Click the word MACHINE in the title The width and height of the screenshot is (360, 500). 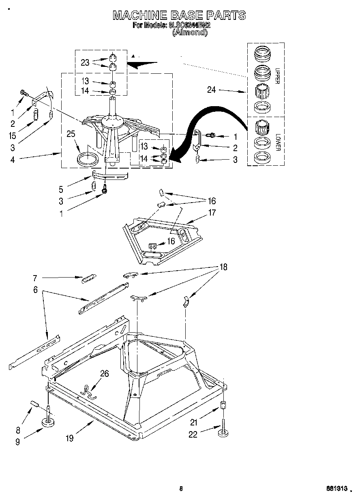click(x=139, y=15)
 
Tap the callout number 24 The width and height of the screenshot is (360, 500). click(x=212, y=90)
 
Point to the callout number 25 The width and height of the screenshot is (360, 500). click(x=71, y=134)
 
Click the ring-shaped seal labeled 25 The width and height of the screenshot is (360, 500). click(x=88, y=158)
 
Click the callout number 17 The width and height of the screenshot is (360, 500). click(x=212, y=212)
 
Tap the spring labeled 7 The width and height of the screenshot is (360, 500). click(x=89, y=279)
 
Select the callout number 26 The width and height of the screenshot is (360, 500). click(x=105, y=374)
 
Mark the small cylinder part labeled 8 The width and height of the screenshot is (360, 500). click(x=35, y=404)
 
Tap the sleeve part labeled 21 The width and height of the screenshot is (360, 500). click(x=223, y=405)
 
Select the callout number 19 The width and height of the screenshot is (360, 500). click(x=70, y=438)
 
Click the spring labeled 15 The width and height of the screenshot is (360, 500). click(x=35, y=115)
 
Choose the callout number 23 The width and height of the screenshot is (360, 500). click(x=85, y=62)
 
